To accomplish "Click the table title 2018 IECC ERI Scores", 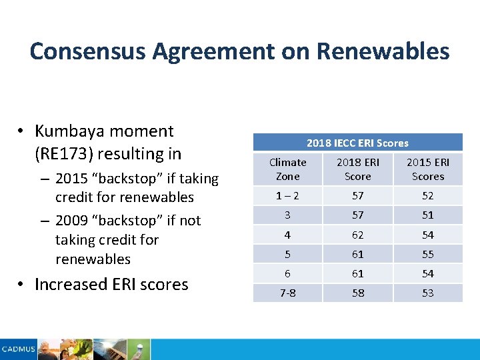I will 357,143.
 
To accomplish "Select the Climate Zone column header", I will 288,169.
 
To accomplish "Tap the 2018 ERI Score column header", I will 358,169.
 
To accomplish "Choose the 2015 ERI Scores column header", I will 428,169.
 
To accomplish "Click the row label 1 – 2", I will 288,195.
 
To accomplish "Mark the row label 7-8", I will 288,293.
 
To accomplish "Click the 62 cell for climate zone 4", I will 358,235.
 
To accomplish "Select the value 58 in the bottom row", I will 358,293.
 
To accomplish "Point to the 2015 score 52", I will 428,195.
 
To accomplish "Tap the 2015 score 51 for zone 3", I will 428,215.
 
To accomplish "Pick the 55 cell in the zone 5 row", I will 428,254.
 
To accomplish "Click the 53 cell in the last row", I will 428,293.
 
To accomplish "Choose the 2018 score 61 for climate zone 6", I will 358,273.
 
